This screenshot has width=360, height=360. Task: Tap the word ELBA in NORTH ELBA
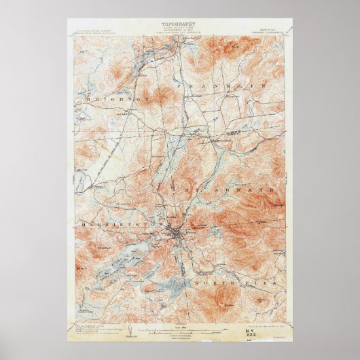(251, 282)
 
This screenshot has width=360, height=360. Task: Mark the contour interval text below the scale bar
(181, 338)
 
